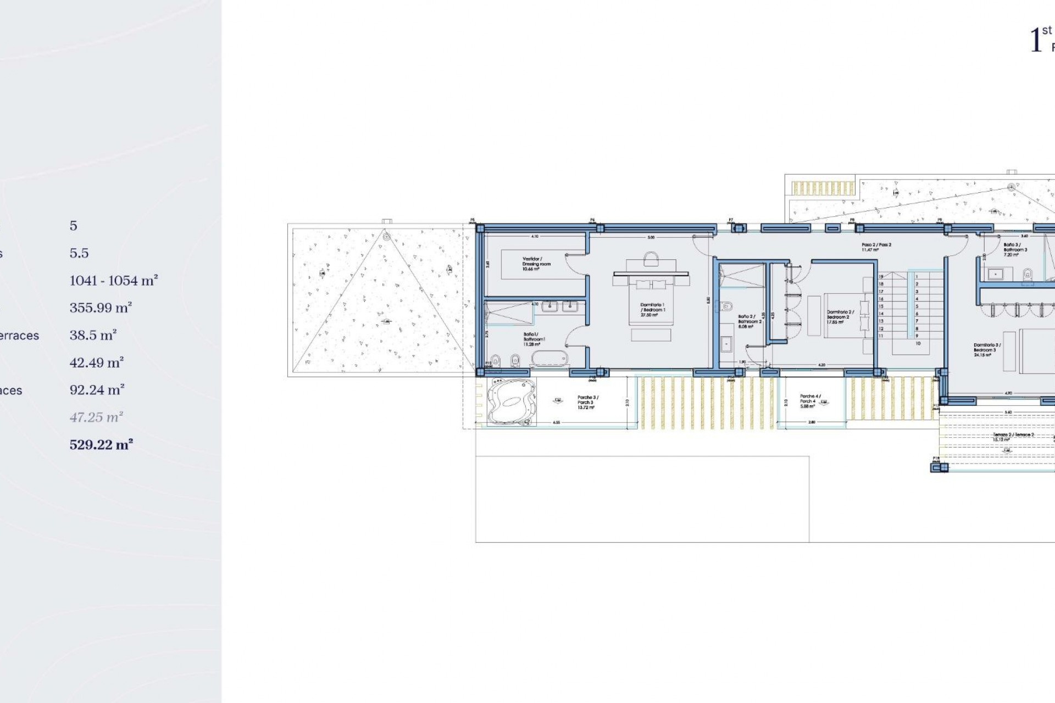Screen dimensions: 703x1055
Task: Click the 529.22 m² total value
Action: click(101, 444)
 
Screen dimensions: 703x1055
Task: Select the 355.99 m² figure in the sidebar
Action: click(101, 308)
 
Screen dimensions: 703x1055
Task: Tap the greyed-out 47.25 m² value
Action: click(96, 417)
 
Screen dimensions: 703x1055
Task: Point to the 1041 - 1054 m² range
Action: click(114, 281)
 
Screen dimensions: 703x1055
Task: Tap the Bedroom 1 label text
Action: click(652, 310)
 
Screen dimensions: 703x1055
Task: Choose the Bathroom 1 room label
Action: click(533, 339)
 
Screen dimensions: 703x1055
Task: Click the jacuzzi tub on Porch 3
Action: click(511, 401)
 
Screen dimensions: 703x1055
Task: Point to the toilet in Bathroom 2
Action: click(728, 306)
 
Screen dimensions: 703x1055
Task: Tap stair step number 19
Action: click(881, 277)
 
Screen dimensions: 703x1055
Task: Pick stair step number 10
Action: click(918, 343)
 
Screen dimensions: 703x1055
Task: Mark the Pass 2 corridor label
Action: click(876, 247)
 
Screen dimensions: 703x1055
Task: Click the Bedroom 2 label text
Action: click(840, 317)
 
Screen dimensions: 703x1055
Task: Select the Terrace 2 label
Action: click(1013, 437)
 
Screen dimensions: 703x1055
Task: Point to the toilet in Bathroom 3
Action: click(1028, 273)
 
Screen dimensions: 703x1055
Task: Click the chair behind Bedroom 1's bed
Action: click(651, 259)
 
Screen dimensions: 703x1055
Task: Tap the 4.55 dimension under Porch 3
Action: click(556, 422)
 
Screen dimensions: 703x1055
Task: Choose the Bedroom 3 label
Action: click(987, 350)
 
